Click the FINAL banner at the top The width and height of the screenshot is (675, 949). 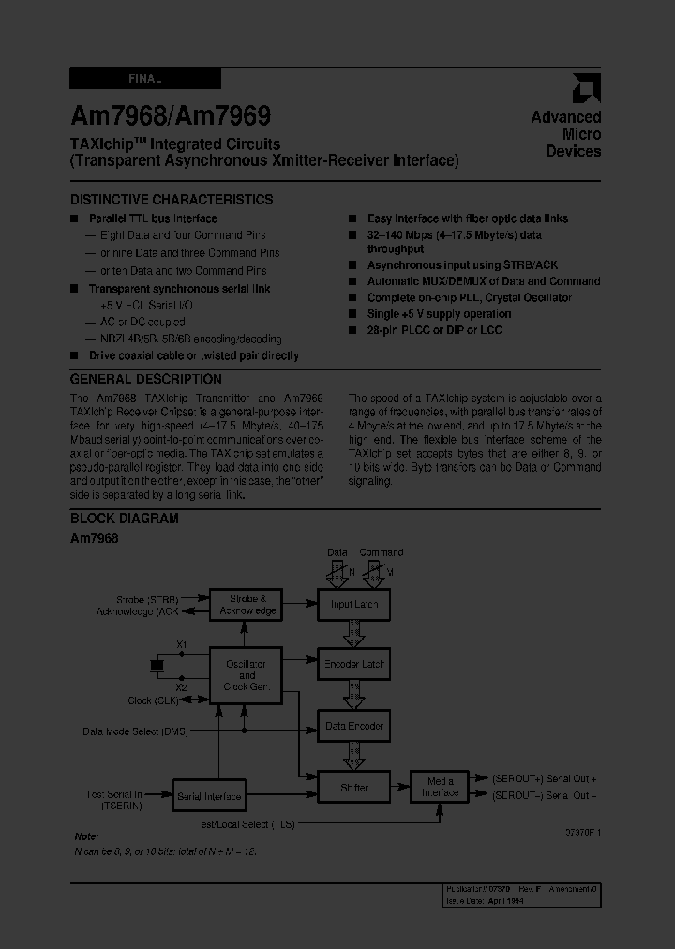tap(145, 79)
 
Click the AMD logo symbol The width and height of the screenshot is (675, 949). tap(588, 88)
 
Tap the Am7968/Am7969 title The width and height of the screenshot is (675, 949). tap(171, 116)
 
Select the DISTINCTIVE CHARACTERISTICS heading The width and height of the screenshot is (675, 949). tap(172, 200)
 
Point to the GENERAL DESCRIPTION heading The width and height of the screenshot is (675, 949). tap(146, 380)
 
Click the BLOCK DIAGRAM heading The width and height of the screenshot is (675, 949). tap(125, 519)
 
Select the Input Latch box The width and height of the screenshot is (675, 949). tap(353, 605)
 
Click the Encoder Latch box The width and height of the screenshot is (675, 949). tap(353, 664)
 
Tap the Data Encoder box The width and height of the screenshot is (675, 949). tap(353, 726)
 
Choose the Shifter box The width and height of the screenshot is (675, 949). tap(353, 788)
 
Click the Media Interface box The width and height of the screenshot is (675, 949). tap(440, 787)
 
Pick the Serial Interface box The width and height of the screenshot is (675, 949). tap(209, 796)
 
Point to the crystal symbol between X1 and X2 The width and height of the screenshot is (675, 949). tap(157, 665)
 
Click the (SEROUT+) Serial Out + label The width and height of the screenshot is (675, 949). tap(545, 778)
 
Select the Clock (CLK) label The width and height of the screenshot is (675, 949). tap(153, 700)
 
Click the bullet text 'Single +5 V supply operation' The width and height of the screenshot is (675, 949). tap(439, 314)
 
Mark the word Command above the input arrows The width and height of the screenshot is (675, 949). tap(382, 552)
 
